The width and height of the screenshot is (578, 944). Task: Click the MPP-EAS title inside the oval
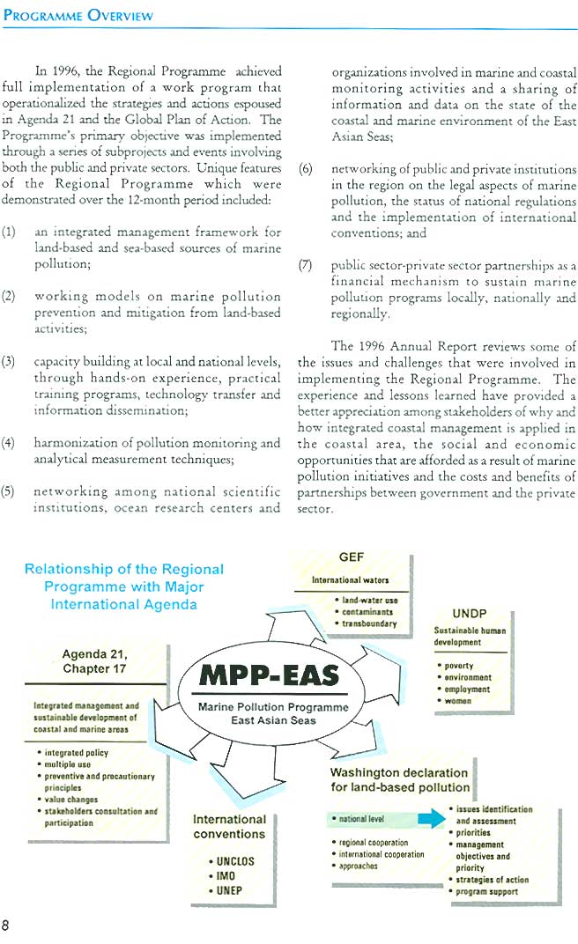[x=269, y=675]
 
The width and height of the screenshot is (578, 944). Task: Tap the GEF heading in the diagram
[x=351, y=557]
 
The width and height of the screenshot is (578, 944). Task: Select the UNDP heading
[x=469, y=614]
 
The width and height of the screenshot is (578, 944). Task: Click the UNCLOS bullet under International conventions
[x=233, y=861]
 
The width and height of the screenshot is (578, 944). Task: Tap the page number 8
[x=7, y=925]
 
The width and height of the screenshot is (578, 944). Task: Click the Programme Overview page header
[x=78, y=16]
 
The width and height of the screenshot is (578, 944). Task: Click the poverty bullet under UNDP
[x=459, y=666]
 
